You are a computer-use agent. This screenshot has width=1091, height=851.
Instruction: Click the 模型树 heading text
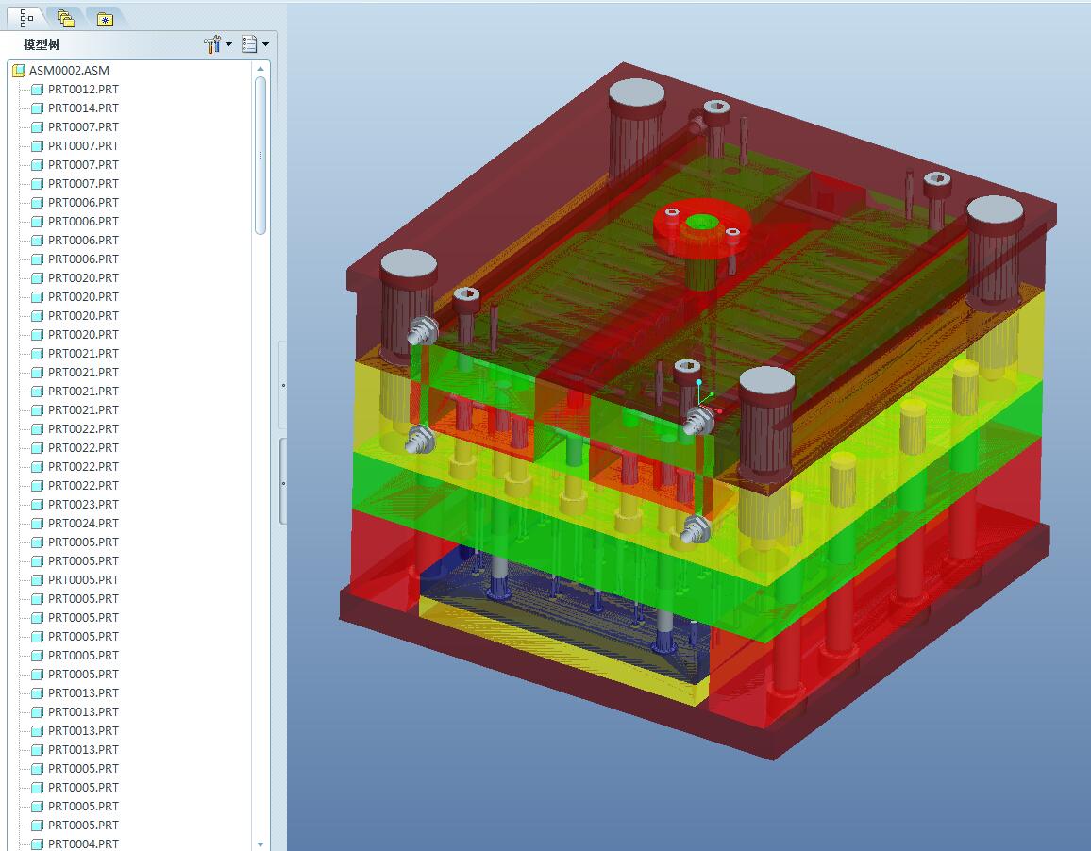point(42,44)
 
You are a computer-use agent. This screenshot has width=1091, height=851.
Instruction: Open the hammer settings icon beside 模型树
point(212,44)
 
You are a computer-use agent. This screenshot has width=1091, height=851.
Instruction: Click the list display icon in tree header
point(249,44)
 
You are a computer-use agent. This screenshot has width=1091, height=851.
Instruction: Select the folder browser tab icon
point(65,19)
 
